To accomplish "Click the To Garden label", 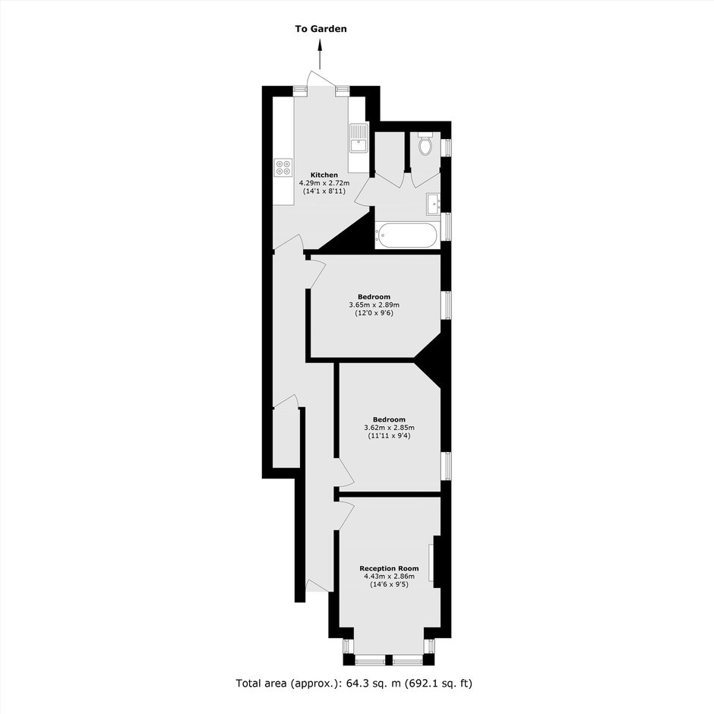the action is pyautogui.click(x=321, y=29).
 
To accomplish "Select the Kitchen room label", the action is pyautogui.click(x=324, y=175).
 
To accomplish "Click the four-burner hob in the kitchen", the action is pyautogui.click(x=283, y=166).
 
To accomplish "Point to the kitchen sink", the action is pyautogui.click(x=359, y=138).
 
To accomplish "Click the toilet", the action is pyautogui.click(x=425, y=144).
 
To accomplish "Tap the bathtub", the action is pyautogui.click(x=406, y=235).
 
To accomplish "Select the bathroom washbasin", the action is pyautogui.click(x=433, y=204).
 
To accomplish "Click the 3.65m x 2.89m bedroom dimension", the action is pyautogui.click(x=374, y=305).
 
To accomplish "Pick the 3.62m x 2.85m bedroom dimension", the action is pyautogui.click(x=390, y=428).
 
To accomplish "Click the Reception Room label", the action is pyautogui.click(x=390, y=568).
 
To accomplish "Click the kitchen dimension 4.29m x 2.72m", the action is pyautogui.click(x=324, y=183).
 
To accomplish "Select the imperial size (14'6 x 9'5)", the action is pyautogui.click(x=390, y=584).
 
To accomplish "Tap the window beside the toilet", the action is pyautogui.click(x=448, y=147).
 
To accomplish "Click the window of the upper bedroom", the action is pyautogui.click(x=448, y=305).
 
